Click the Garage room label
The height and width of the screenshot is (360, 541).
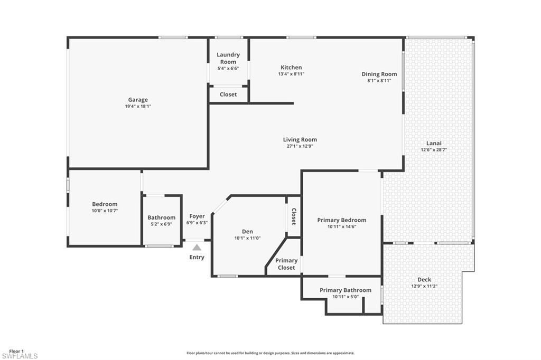click(x=138, y=100)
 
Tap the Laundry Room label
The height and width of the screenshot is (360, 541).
click(x=228, y=58)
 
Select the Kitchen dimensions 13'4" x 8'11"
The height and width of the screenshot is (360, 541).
click(x=291, y=74)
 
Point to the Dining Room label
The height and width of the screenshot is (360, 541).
click(x=379, y=74)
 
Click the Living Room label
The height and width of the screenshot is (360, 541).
click(x=300, y=140)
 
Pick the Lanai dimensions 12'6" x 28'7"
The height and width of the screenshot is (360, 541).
click(x=434, y=150)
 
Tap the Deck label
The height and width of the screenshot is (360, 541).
click(x=424, y=280)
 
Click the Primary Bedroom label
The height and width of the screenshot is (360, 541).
click(x=341, y=220)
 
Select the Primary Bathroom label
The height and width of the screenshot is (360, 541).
click(x=346, y=290)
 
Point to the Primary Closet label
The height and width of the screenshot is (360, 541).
click(x=286, y=264)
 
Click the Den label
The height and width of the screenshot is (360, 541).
click(x=247, y=232)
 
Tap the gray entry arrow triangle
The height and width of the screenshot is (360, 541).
click(x=197, y=247)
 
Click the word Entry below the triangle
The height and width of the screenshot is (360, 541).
click(x=197, y=258)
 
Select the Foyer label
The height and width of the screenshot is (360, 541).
click(x=197, y=216)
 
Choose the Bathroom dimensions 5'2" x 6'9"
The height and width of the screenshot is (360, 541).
click(x=161, y=224)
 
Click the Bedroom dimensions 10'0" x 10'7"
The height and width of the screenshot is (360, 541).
click(x=105, y=211)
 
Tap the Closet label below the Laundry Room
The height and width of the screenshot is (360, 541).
click(x=228, y=94)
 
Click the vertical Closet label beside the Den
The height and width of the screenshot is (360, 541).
click(x=294, y=216)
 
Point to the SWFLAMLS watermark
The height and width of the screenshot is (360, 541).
click(x=20, y=356)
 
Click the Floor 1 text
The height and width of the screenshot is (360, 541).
click(x=16, y=350)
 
